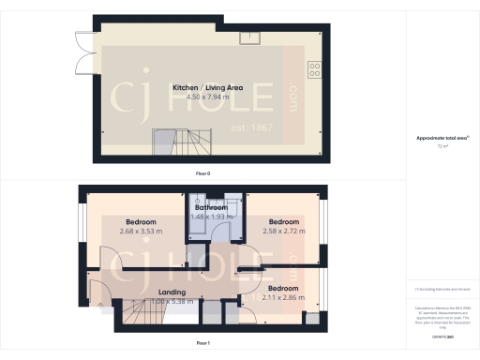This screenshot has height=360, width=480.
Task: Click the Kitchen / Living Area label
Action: tap(208, 87)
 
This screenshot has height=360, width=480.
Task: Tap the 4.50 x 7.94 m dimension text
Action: tap(208, 97)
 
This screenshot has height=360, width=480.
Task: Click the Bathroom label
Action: tap(211, 207)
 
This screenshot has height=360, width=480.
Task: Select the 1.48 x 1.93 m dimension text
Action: tap(211, 217)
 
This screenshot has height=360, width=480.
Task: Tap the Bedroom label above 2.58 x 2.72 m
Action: tap(282, 220)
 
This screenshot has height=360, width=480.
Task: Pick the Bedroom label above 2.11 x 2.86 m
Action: tap(282, 287)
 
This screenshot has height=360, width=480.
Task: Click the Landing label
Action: tap(172, 292)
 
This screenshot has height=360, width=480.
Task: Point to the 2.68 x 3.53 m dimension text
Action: tap(141, 231)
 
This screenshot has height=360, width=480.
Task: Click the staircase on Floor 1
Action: tap(136, 319)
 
